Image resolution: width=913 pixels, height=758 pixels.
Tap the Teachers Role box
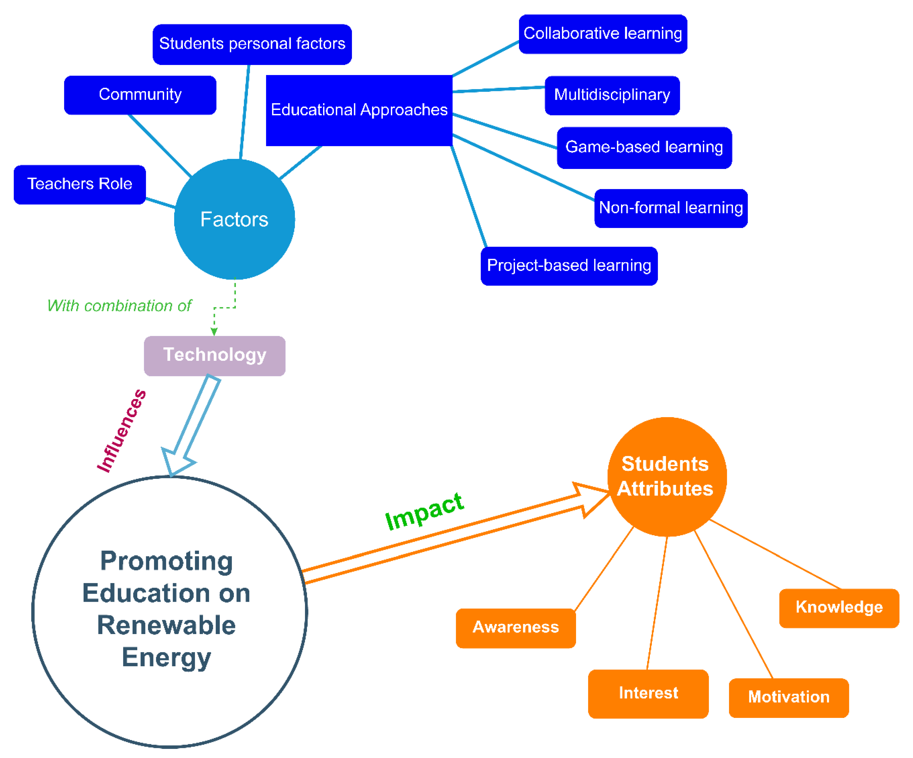pos(79,184)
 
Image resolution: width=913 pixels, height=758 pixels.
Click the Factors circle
pos(234,219)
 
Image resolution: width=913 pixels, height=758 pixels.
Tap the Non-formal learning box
pos(670,208)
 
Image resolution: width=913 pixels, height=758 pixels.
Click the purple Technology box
pos(214,356)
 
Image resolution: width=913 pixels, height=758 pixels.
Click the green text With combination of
pos(119,306)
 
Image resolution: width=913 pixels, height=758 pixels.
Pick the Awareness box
pos(516,628)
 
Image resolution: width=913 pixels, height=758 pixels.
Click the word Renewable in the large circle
pos(167,625)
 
